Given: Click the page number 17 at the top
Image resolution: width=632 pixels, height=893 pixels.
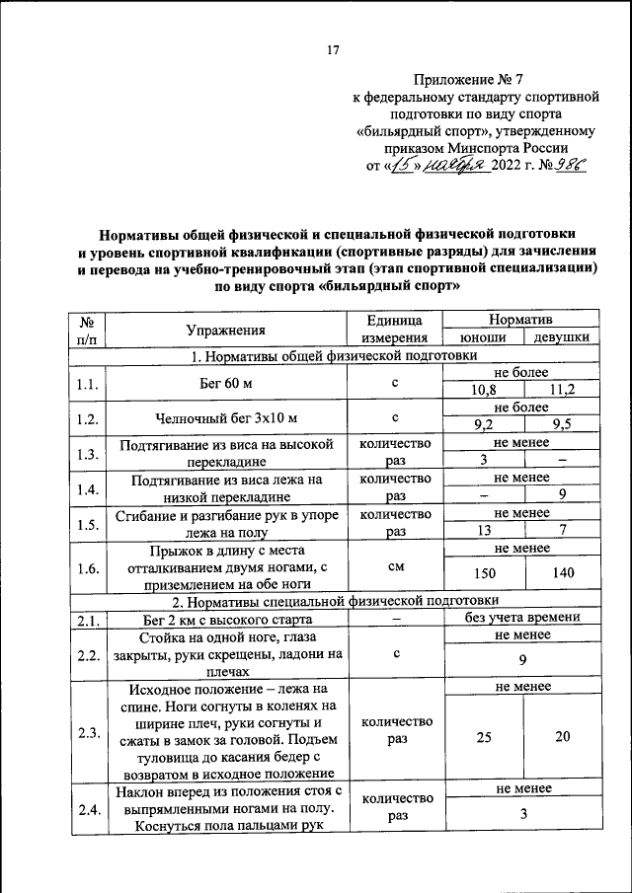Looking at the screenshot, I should (x=334, y=51).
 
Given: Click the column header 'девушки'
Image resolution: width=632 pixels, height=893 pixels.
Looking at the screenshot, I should (x=562, y=338).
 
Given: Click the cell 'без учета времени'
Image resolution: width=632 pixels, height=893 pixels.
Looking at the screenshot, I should (x=522, y=619).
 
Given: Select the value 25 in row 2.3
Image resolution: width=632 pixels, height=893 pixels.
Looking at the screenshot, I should (x=483, y=736).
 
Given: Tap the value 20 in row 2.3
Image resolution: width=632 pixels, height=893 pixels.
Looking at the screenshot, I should (x=562, y=736).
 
